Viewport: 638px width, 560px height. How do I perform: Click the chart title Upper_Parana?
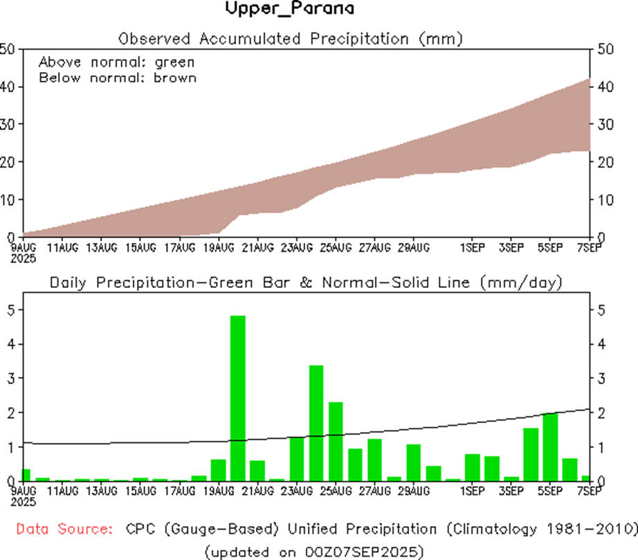click(289, 9)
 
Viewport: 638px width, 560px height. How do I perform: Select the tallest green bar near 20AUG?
click(237, 398)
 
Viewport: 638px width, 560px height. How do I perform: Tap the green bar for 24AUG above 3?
click(316, 422)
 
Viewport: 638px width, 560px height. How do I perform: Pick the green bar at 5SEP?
click(550, 446)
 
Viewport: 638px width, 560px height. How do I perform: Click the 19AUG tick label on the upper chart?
click(217, 246)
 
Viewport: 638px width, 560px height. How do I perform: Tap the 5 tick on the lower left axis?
click(9, 310)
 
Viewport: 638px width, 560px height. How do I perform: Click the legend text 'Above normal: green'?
click(116, 62)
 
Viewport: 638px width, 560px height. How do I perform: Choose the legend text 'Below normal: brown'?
click(117, 78)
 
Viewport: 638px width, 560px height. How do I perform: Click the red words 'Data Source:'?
click(64, 530)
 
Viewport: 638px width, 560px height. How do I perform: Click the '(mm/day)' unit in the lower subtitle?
click(530, 282)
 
